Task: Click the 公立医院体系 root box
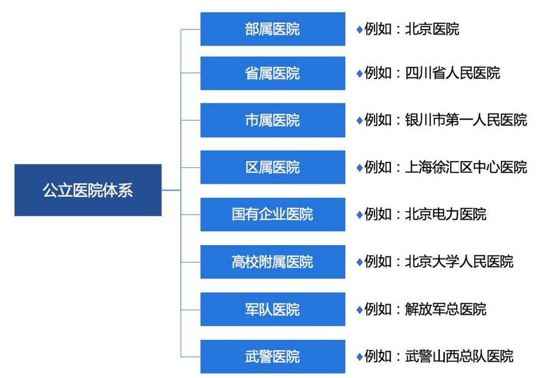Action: [88, 190]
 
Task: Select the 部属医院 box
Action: [273, 29]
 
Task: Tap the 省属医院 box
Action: [273, 73]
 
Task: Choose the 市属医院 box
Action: [273, 120]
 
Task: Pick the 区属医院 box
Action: [273, 167]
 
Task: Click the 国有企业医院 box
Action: [273, 214]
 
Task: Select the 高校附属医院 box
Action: [273, 261]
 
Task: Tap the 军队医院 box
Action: [273, 309]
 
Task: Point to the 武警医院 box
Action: [273, 356]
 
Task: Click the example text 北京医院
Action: [432, 29]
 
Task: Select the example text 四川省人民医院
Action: [452, 73]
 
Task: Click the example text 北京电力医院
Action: [446, 214]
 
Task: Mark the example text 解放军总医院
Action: [446, 309]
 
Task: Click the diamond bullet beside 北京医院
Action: [359, 29]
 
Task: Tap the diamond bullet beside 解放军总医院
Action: [359, 309]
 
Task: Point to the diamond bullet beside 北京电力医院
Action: [359, 214]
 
